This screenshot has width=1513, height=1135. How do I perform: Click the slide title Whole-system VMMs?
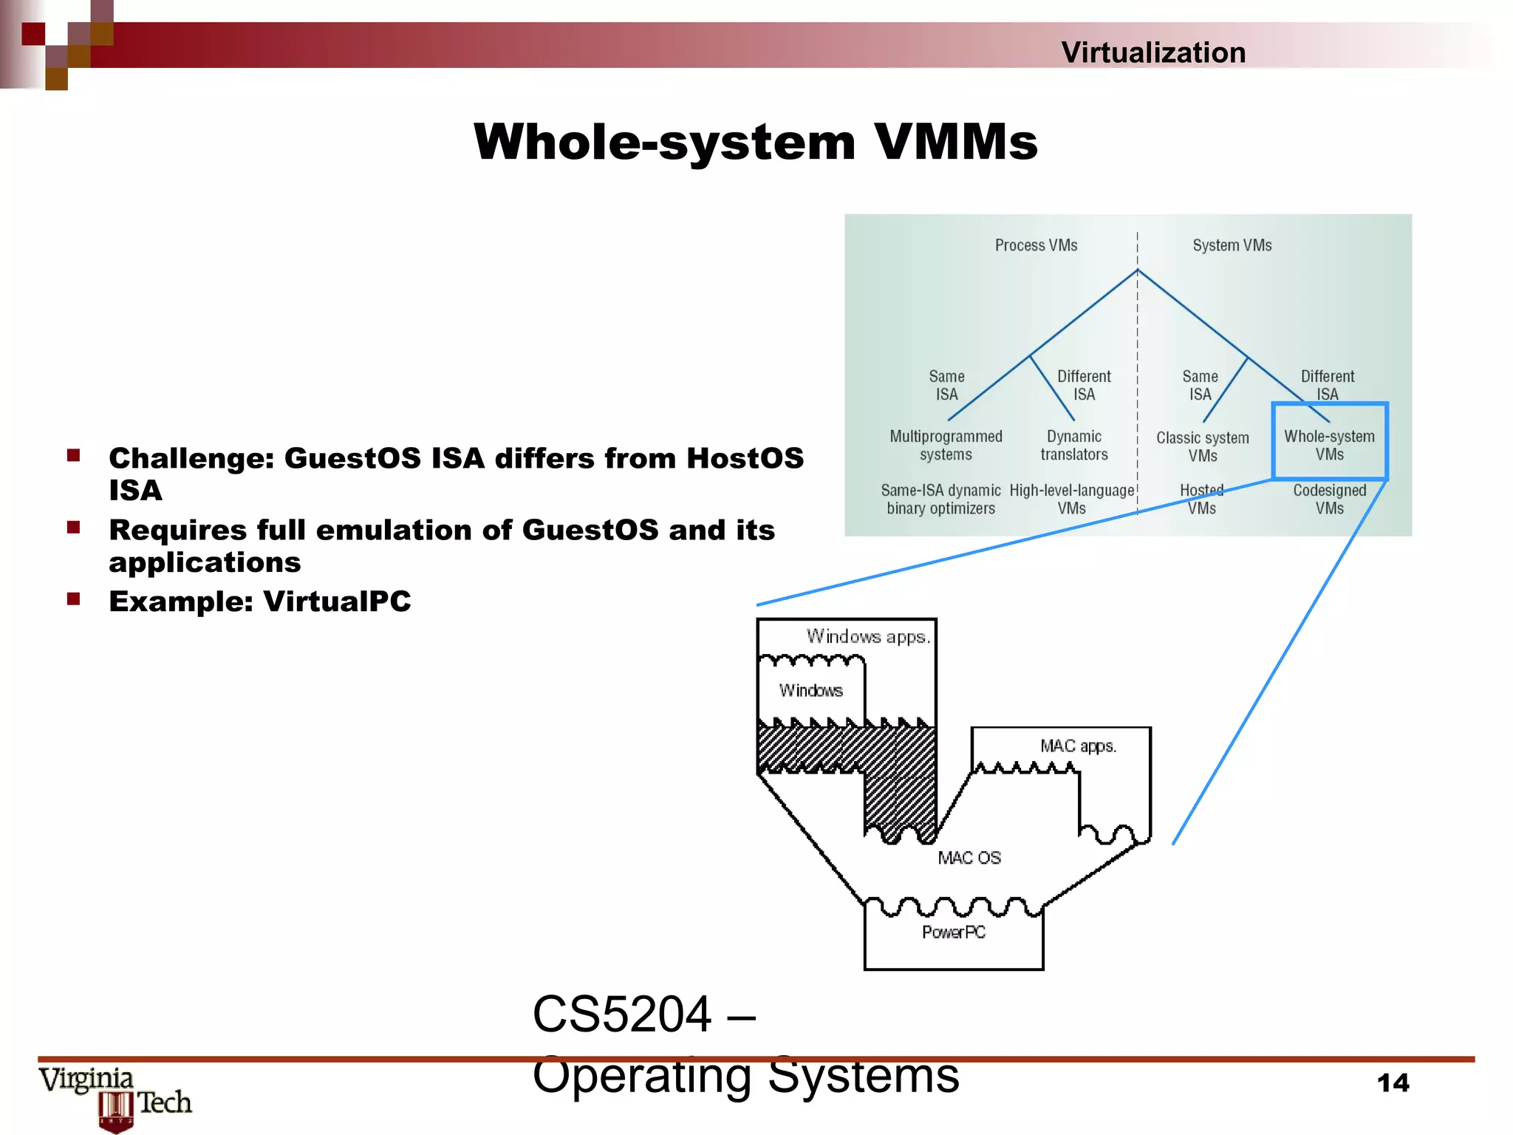pos(755,142)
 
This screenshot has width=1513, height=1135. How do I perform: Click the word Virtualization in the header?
pos(1152,52)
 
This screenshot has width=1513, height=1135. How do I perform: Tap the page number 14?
pos(1393,1083)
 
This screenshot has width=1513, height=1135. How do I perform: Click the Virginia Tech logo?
pos(115,1097)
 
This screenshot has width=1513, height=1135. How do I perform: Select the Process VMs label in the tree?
pos(1036,245)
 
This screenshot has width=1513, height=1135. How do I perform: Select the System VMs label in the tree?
pos(1232,245)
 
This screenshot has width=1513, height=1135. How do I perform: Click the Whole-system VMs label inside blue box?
pos(1329,445)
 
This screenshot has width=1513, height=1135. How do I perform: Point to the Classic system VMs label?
pos(1202,446)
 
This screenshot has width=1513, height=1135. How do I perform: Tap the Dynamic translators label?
pos(1074,445)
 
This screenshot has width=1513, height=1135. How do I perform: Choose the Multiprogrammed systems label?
pos(946,445)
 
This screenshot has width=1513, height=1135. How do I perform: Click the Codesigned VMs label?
pos(1329,499)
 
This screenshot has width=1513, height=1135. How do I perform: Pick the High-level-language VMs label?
pos(1071,499)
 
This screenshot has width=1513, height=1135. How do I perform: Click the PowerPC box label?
pos(953,933)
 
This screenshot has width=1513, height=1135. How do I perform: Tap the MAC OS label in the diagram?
pos(969,858)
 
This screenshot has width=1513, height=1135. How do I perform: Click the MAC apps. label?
pos(1078,746)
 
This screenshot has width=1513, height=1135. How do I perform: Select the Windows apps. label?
pos(867,637)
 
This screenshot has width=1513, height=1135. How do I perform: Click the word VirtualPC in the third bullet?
pos(337,601)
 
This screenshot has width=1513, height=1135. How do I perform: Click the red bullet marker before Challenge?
pos(73,455)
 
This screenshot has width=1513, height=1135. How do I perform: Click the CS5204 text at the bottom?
pos(622,1015)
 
